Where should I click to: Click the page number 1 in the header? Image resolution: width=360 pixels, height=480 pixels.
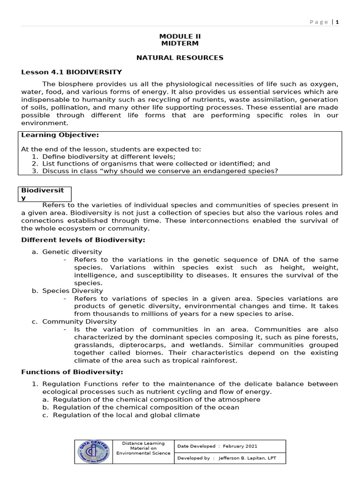[337, 22]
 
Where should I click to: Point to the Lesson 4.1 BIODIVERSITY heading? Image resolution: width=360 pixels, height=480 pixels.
[72, 72]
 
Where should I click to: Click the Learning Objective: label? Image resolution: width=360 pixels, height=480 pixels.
[60, 135]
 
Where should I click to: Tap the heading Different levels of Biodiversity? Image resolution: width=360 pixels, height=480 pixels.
[83, 240]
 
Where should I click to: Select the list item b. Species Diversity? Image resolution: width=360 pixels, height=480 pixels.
[67, 291]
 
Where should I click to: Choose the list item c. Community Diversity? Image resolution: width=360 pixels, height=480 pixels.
[72, 322]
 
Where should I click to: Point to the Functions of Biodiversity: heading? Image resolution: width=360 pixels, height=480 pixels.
[72, 372]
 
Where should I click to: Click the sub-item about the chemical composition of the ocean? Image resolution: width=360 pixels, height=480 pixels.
[146, 407]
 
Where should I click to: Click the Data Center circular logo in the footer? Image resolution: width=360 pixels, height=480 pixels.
[94, 452]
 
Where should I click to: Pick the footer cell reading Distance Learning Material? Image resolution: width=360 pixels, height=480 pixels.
[143, 448]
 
